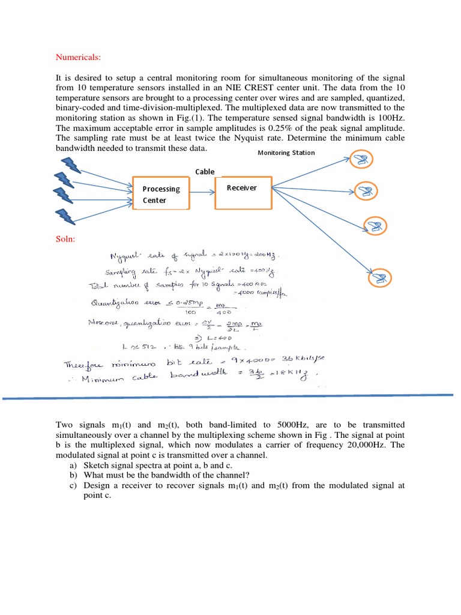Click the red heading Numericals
[79, 58]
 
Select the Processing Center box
[161, 193]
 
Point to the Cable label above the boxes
[205, 171]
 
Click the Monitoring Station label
[286, 153]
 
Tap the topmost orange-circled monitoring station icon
[361, 159]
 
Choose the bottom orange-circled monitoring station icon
[379, 277]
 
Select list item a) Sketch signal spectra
[150, 465]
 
